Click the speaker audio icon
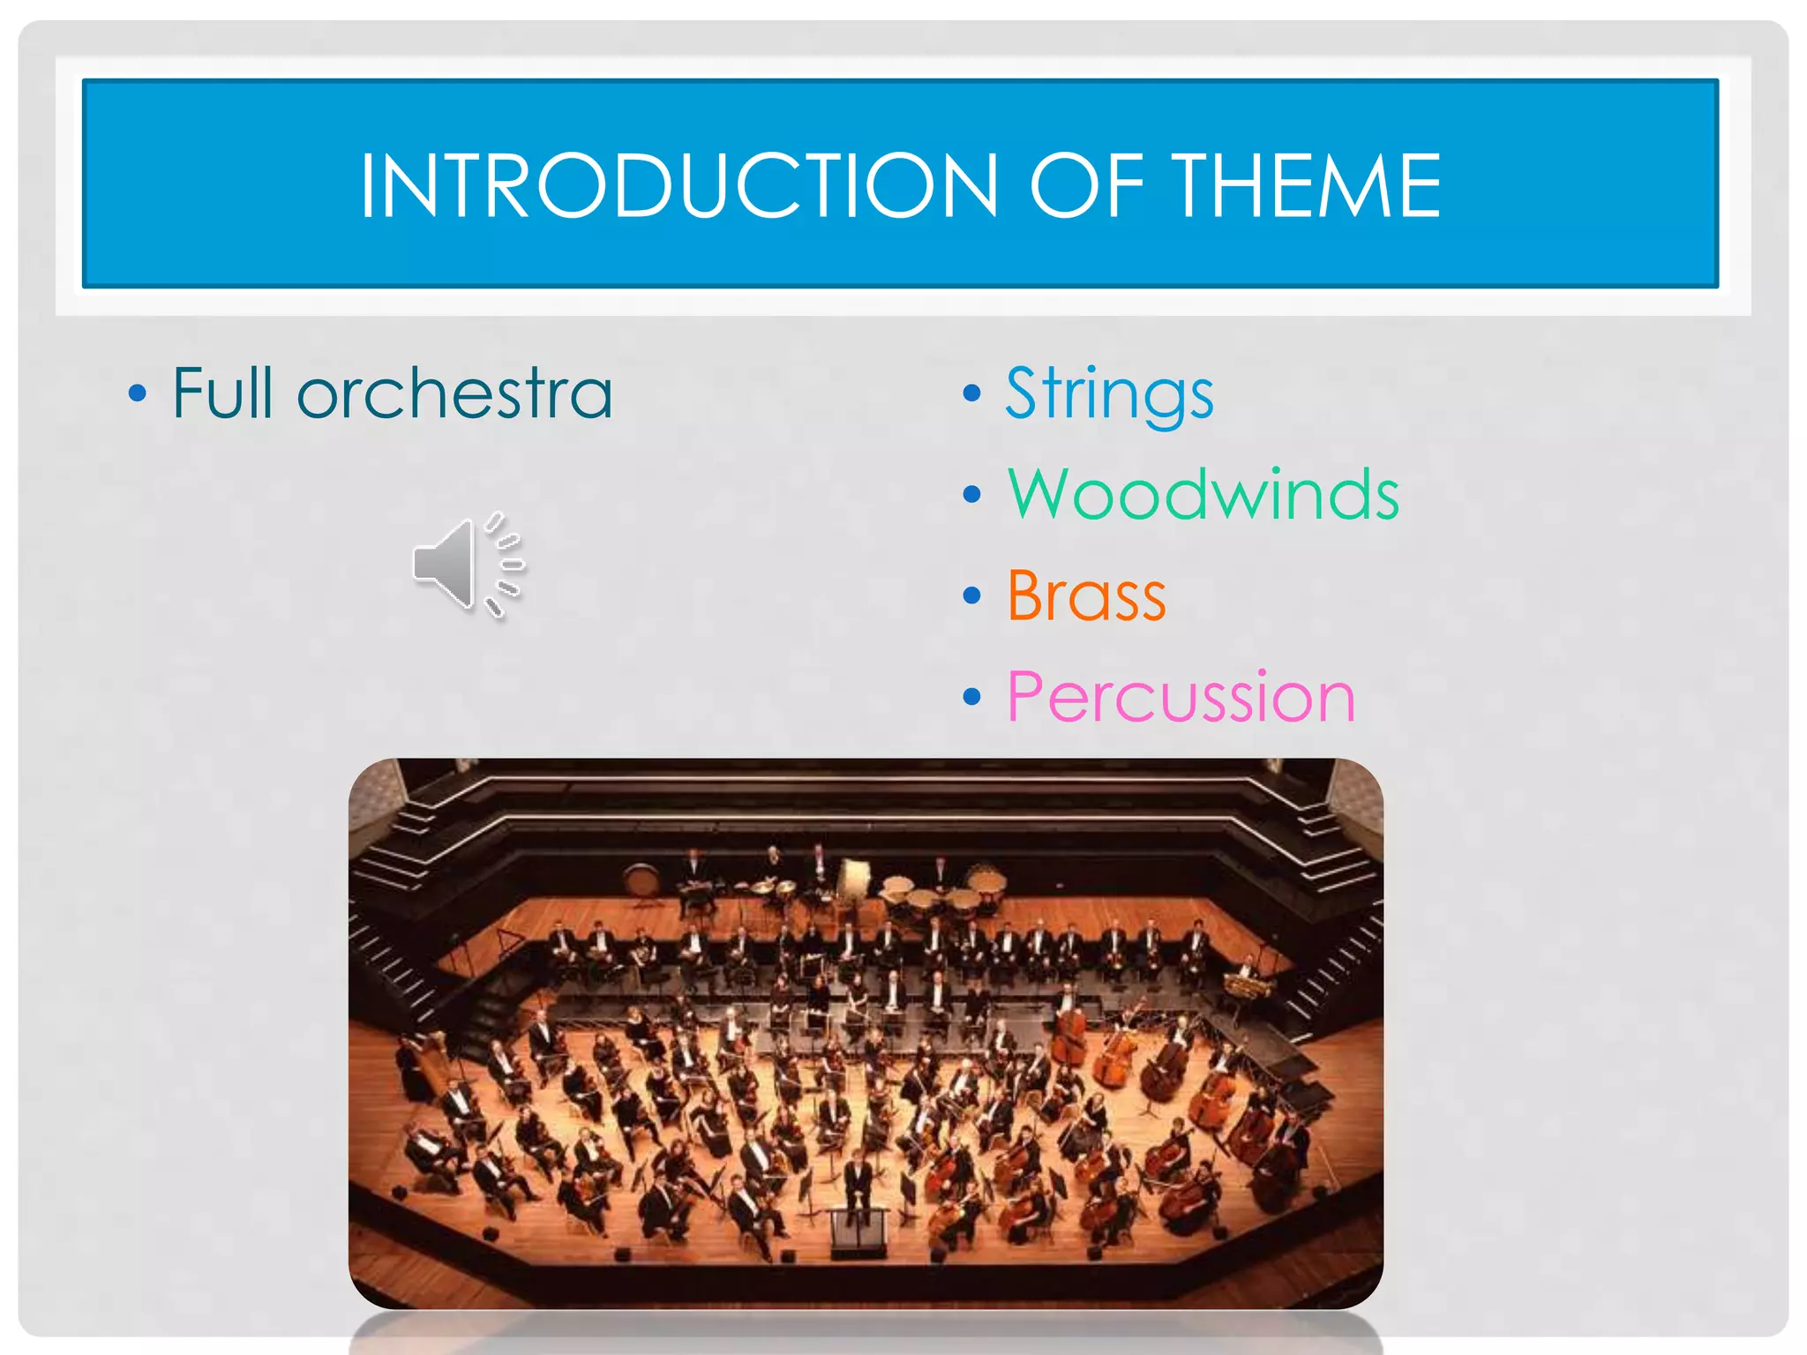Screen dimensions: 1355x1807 click(x=469, y=565)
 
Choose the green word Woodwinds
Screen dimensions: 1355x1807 click(x=1203, y=495)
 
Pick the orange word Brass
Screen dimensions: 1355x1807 click(x=1086, y=596)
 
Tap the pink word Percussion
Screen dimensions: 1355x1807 click(x=1181, y=698)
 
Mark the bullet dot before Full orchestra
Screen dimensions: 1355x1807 click(x=137, y=393)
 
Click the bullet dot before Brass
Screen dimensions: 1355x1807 click(x=971, y=596)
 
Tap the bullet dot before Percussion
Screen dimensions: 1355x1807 click(x=971, y=698)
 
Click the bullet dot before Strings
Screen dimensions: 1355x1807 click(x=971, y=393)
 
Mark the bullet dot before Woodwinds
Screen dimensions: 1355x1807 click(x=971, y=495)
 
